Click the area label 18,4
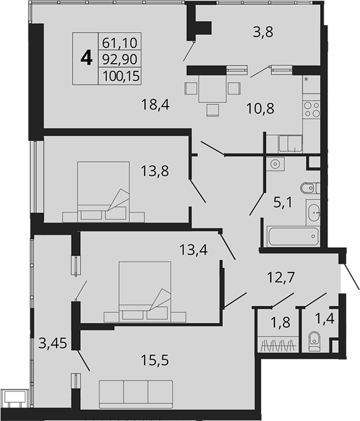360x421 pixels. pos(155,104)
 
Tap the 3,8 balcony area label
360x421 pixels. pos(263,32)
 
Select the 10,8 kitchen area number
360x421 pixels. pos(260,109)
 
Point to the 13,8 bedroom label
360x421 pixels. pos(155,170)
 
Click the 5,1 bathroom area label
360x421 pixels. pos(283,203)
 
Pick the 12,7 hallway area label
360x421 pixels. pos(281,277)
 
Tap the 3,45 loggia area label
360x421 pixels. pos(53,343)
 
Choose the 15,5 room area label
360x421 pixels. pos(155,360)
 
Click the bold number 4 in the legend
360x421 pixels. pos(86,58)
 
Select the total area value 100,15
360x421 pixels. pos(121,76)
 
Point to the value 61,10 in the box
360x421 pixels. pos(120,43)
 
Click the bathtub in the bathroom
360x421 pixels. pos(293,236)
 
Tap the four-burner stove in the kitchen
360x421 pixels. pos(311,110)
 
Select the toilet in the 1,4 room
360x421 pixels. pos(313,342)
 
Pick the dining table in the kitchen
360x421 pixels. pos(212,89)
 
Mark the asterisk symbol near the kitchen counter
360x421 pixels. pos(306,79)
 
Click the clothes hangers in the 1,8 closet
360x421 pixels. pos(278,345)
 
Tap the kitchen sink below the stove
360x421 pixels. pos(290,144)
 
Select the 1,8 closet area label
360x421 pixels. pos(280,322)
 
